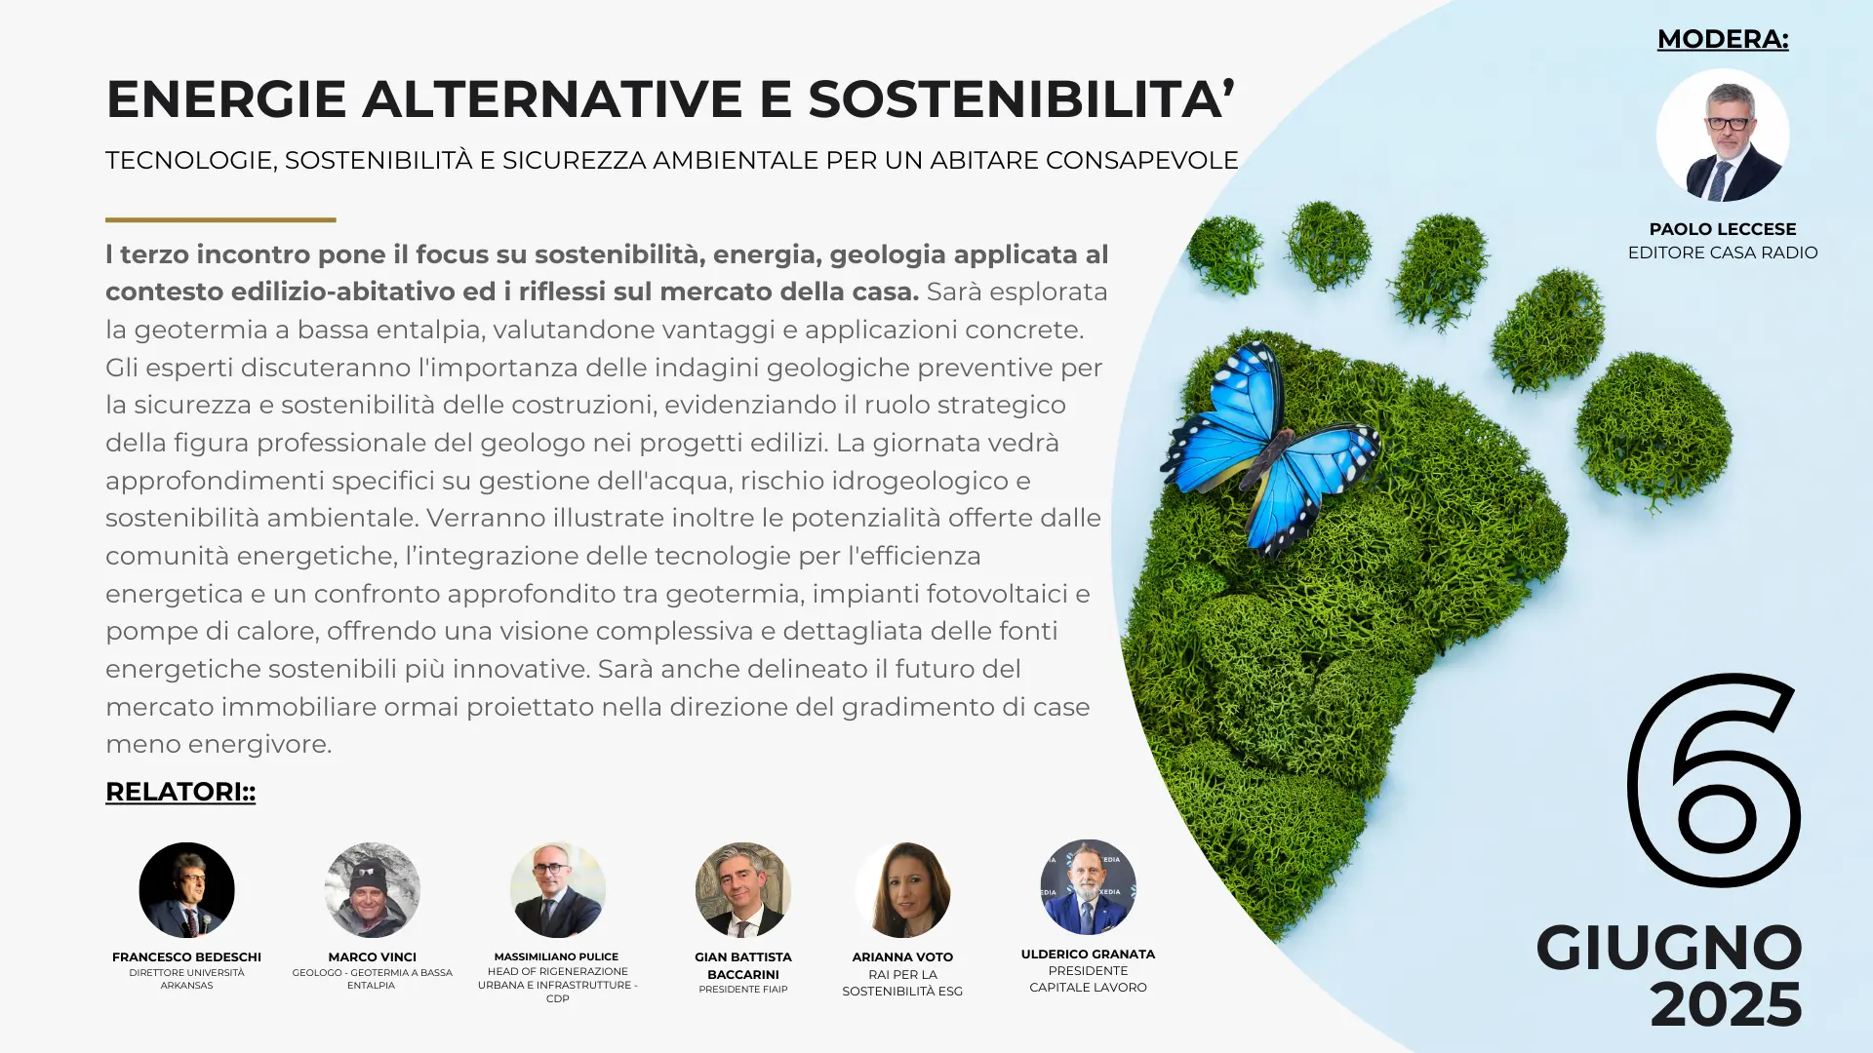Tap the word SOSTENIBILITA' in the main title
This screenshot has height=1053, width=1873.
click(x=1021, y=98)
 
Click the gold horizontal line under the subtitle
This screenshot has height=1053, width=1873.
click(x=220, y=219)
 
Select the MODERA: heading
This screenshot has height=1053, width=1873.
click(x=1723, y=39)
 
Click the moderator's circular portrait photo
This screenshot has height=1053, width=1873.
click(x=1723, y=135)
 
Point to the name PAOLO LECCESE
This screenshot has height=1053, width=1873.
click(x=1723, y=229)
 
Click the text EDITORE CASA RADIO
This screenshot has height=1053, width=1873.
click(x=1723, y=253)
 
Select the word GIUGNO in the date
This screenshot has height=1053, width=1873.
click(x=1669, y=948)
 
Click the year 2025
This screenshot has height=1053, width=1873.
click(x=1726, y=1005)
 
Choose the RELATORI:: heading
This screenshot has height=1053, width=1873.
click(x=180, y=792)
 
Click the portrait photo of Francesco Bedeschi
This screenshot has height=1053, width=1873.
click(x=186, y=890)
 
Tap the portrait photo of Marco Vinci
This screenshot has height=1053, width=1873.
click(x=372, y=890)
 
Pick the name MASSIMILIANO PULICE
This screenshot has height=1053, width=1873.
click(x=556, y=956)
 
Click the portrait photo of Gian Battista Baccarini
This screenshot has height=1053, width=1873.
click(x=743, y=890)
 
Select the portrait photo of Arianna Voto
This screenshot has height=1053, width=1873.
click(x=902, y=890)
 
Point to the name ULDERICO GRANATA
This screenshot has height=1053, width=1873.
click(x=1088, y=954)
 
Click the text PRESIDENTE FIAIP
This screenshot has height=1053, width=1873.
click(x=743, y=989)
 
